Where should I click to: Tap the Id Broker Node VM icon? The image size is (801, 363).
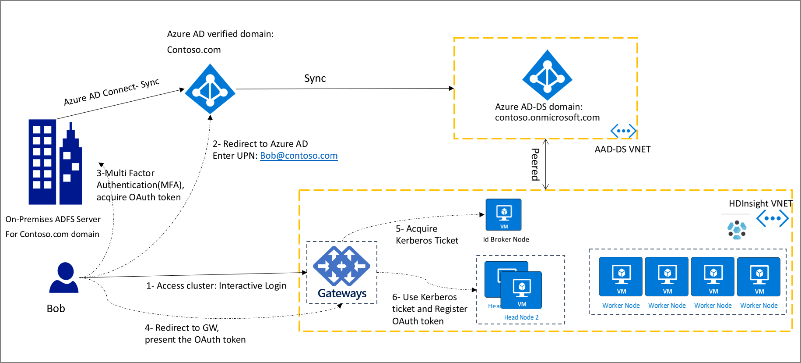503,215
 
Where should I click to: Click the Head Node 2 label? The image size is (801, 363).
521,317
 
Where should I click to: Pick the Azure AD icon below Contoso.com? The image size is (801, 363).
210,89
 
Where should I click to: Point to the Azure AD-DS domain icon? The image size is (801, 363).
547,75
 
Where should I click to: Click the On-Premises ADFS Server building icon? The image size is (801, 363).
55,162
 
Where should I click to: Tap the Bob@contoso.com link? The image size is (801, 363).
299,156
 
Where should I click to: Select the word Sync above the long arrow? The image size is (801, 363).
315,78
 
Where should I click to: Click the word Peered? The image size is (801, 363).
535,164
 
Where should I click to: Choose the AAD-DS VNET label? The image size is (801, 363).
622,149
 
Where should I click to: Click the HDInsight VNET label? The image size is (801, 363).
760,203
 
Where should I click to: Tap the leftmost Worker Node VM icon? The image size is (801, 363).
621,277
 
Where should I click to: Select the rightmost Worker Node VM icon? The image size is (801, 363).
759,277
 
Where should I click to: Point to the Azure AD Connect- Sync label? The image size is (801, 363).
112,92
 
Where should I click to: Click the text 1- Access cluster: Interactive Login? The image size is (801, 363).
216,286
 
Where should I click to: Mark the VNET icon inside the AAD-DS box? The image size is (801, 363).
623,131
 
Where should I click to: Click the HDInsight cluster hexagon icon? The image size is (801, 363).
737,230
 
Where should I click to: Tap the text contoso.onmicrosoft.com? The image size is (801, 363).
547,117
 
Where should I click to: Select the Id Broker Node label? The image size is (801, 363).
506,239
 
